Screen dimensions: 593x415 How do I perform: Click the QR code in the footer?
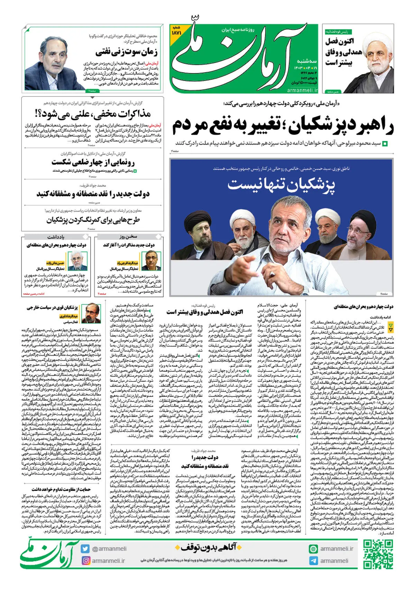tap(378, 554)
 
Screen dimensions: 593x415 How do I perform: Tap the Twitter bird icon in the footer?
tap(85, 549)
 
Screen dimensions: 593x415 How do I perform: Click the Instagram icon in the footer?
tap(85, 560)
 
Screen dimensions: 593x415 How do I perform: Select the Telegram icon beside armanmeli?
tap(313, 560)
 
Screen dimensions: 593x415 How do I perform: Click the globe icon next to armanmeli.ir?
tap(313, 549)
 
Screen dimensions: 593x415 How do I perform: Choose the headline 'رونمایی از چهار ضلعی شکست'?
tap(93, 162)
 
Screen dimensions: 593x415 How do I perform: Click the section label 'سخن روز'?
tap(128, 237)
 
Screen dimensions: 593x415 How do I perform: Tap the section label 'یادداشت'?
tap(56, 237)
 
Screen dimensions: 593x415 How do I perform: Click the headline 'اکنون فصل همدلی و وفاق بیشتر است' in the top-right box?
tap(339, 52)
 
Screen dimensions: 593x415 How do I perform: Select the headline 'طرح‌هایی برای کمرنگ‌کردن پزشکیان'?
tap(93, 220)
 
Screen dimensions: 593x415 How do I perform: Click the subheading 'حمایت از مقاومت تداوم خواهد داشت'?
tap(61, 489)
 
